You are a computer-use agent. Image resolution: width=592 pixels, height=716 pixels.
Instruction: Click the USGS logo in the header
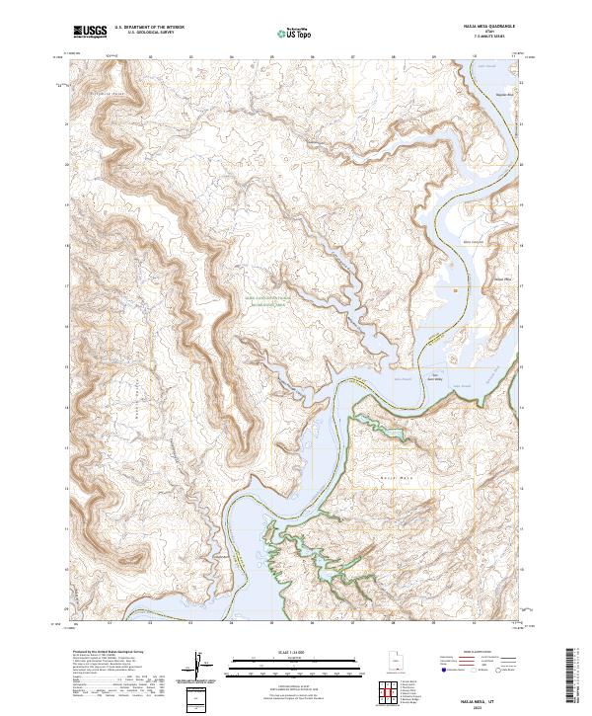(90, 32)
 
